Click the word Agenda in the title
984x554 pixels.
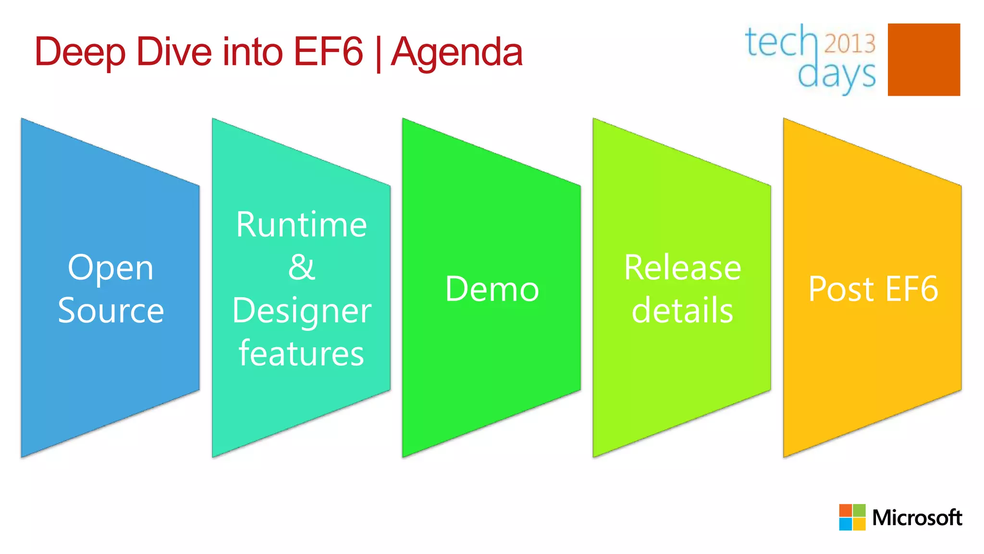click(456, 52)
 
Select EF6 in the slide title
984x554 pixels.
click(328, 52)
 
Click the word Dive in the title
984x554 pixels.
click(174, 52)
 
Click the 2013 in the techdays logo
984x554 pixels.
click(850, 43)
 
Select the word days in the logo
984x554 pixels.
click(836, 75)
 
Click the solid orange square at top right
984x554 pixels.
click(923, 60)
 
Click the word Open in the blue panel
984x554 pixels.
click(111, 268)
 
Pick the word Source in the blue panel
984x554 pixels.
click(111, 310)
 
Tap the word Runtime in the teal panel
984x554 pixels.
click(301, 225)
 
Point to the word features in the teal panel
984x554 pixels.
click(301, 353)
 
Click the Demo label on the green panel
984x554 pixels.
click(492, 289)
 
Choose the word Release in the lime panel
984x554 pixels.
click(682, 267)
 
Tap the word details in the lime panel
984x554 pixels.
click(682, 310)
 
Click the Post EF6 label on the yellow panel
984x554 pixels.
click(873, 289)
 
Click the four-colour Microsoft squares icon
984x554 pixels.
click(852, 517)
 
